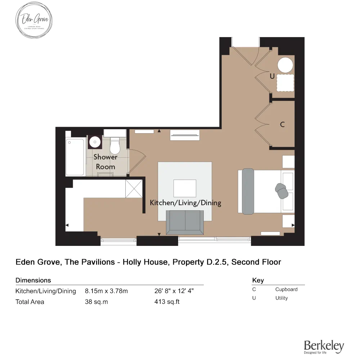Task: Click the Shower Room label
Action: [105, 162]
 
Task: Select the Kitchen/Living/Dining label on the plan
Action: [185, 203]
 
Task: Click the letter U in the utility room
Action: [272, 76]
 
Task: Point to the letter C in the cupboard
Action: [282, 125]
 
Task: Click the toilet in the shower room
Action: [115, 145]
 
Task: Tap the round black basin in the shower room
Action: [95, 142]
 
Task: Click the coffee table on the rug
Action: [185, 188]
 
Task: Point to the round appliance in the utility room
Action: [285, 66]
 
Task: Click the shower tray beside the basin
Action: [76, 157]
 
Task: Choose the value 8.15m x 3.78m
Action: [106, 291]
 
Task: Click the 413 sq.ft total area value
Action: [167, 302]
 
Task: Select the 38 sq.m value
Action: [96, 302]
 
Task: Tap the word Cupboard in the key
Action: [286, 289]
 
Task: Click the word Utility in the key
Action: [282, 298]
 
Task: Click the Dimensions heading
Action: [33, 280]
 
